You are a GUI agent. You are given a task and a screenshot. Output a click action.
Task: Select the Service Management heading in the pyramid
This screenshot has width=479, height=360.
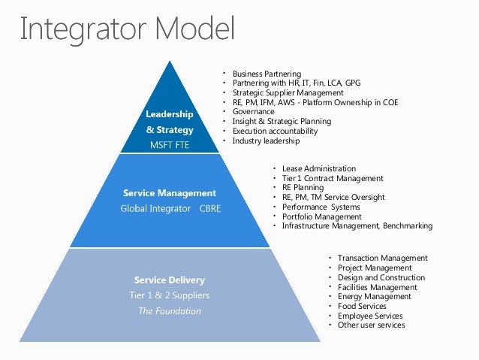(169, 193)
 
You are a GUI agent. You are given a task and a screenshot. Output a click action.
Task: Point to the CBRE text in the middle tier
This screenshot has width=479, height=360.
(209, 208)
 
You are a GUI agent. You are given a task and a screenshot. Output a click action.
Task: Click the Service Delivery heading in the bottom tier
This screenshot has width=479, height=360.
(169, 280)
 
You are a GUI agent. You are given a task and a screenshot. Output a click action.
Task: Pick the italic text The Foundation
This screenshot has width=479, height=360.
(169, 310)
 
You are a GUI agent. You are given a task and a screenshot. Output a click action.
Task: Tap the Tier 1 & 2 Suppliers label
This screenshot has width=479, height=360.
(169, 295)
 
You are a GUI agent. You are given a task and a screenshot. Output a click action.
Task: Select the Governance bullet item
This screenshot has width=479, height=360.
(253, 111)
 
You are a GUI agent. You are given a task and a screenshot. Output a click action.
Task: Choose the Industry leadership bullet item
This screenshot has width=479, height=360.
(266, 141)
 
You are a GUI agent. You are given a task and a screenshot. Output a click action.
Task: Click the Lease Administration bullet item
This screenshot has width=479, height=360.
(318, 168)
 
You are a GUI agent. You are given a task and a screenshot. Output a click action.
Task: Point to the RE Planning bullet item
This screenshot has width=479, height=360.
(303, 188)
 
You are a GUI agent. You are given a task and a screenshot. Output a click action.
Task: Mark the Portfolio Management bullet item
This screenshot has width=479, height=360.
(321, 216)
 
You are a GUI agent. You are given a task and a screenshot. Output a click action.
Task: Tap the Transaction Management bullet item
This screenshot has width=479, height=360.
(382, 258)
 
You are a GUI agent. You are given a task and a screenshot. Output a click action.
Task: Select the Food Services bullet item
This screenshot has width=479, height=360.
(362, 306)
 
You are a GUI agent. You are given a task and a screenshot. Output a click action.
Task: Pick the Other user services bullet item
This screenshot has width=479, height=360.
(371, 325)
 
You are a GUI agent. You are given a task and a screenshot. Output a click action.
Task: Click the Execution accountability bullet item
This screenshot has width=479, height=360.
(275, 131)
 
